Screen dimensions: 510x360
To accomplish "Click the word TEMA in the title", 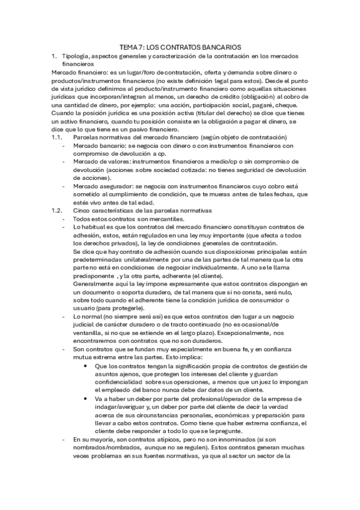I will click(x=130, y=46).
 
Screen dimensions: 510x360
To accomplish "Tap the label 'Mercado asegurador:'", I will click(x=103, y=186).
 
